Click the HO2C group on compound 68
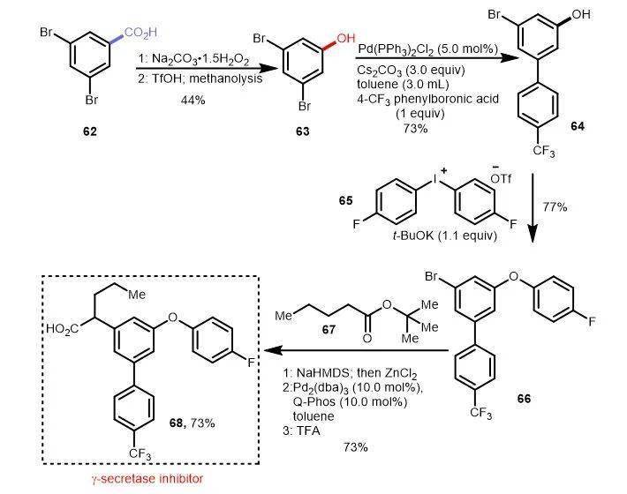(x=72, y=328)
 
